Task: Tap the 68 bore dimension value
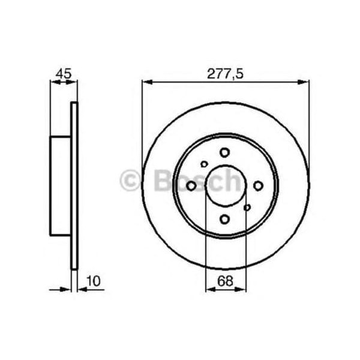coord(225,279)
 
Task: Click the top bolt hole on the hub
coord(225,152)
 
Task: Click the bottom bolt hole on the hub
coord(225,219)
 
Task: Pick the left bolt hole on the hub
coord(191,186)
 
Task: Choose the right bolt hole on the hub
coord(259,186)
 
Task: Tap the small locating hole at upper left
coord(204,164)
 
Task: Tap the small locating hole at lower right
coord(247,208)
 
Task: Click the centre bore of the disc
coord(225,186)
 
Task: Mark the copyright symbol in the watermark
coord(130,181)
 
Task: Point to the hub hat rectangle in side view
coord(61,186)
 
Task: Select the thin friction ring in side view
coord(75,186)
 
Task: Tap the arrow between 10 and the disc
coord(83,289)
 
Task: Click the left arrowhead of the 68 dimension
coord(209,289)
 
